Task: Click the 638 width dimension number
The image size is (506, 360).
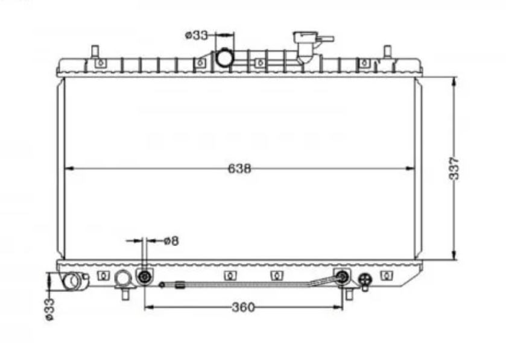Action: [239, 168]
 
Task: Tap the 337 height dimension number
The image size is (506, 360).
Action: [454, 168]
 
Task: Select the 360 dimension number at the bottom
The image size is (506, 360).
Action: [243, 308]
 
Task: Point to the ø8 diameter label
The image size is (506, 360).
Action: [171, 241]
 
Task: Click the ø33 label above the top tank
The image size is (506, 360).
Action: [197, 35]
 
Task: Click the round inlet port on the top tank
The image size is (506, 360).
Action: [224, 58]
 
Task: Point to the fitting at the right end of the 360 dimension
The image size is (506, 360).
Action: [342, 276]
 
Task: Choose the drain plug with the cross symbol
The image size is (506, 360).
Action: [365, 280]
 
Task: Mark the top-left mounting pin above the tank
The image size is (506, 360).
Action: [95, 52]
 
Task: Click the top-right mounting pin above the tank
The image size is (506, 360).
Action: [388, 52]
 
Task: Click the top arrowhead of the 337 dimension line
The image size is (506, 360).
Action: [454, 81]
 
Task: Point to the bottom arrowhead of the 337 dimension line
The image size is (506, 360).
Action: [454, 255]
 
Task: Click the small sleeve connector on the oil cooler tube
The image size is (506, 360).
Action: [180, 285]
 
